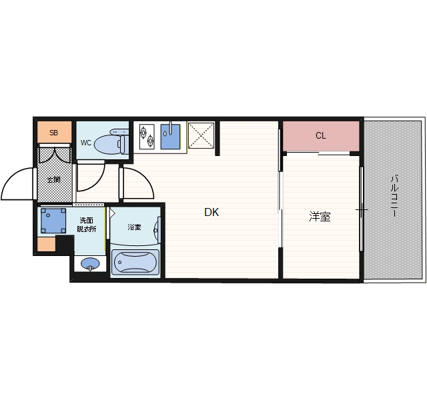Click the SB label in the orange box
tap(53, 133)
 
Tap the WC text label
tap(86, 143)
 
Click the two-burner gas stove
tap(147, 137)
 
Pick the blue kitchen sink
tap(171, 137)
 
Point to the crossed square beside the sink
tap(201, 135)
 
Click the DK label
tap(211, 212)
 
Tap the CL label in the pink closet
tap(320, 135)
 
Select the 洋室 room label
tap(320, 217)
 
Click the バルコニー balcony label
tap(394, 196)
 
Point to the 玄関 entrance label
tap(53, 179)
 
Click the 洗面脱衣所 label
tap(86, 225)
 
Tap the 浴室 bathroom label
tap(134, 227)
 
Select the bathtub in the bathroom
tap(135, 262)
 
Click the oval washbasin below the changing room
tap(91, 263)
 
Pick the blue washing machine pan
tap(53, 221)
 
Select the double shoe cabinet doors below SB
tap(54, 155)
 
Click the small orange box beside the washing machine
tap(46, 244)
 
